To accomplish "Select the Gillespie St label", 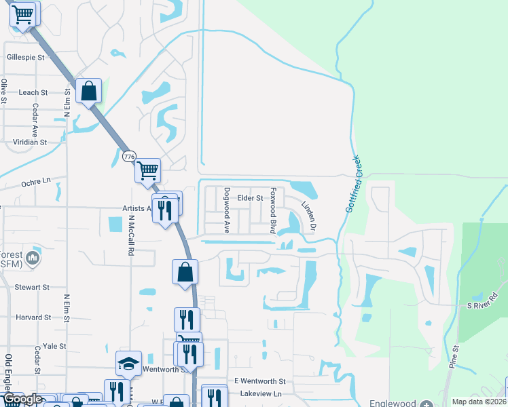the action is coord(25,58).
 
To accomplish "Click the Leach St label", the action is coord(33,92).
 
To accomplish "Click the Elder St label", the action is coord(250,198).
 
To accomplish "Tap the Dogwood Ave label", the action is coord(228,211).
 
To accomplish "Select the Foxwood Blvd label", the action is coord(273,211).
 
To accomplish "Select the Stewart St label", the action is coord(33,288).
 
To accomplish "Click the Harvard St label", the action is coord(34,317).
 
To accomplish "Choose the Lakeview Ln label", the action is coord(257,393).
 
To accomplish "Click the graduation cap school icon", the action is coord(128,364).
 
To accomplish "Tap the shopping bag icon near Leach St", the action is coord(89,90).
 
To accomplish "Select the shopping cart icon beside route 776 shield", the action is coord(147,170).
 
